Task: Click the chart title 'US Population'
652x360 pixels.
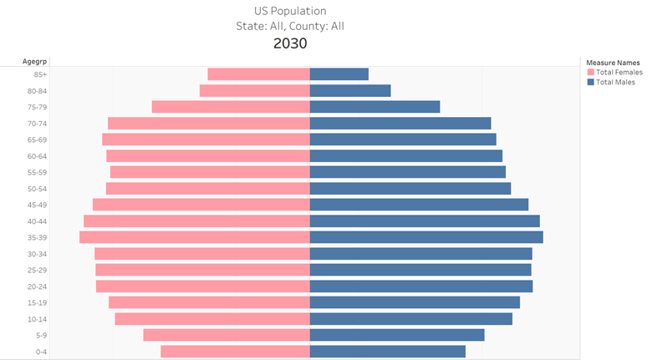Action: [290, 11]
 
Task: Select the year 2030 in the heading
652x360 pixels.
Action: [290, 43]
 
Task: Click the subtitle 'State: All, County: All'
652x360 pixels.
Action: [290, 26]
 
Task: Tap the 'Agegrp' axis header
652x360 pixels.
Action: [35, 61]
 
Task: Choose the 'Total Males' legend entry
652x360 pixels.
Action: [614, 82]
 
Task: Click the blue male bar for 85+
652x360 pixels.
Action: [339, 74]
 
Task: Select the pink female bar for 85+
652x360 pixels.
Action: [258, 74]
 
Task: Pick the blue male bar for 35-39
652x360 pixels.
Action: [426, 237]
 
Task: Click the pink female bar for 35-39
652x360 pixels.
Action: [195, 237]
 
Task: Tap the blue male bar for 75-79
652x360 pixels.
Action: [374, 107]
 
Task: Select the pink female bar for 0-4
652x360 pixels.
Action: [235, 352]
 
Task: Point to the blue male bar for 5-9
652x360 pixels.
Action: [397, 335]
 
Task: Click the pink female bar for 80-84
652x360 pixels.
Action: [254, 90]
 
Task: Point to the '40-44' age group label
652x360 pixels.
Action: [37, 221]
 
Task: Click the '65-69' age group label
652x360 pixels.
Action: [37, 139]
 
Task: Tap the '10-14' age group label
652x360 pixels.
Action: [37, 319]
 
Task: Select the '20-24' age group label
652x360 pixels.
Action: [37, 286]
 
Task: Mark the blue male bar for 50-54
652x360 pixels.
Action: [410, 189]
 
